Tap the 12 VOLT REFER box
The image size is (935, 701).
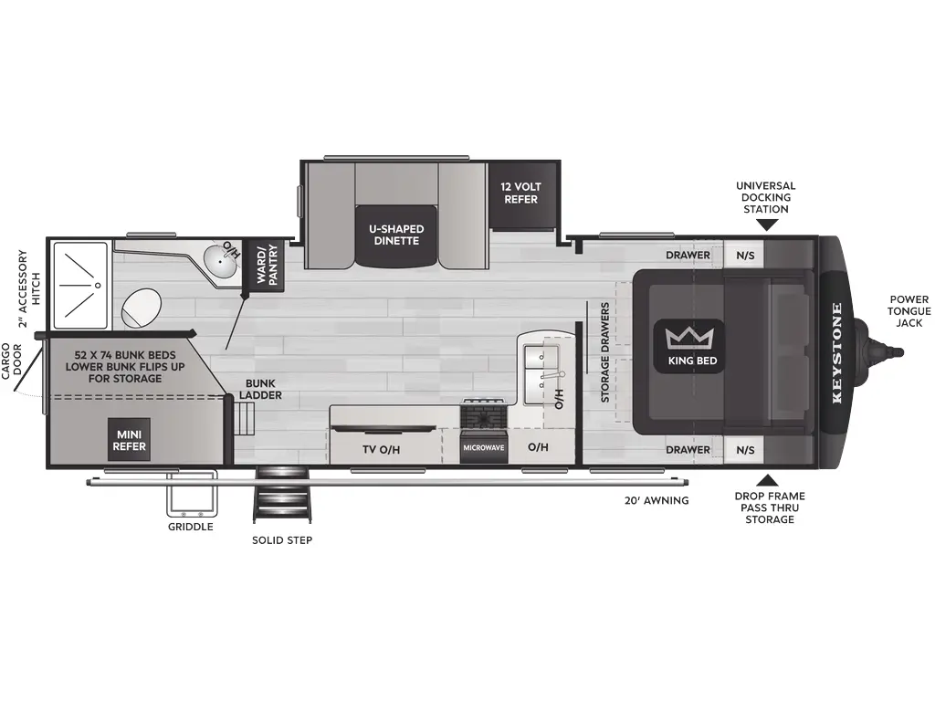click(520, 193)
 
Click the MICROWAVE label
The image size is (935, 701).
click(482, 448)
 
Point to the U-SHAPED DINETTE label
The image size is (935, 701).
click(395, 235)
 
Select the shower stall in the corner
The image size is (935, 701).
click(80, 284)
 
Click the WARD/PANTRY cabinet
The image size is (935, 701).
click(266, 266)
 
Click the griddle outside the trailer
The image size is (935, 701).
click(191, 494)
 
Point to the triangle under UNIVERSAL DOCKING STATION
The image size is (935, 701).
click(766, 224)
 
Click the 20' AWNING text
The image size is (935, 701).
click(657, 500)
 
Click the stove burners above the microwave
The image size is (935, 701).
click(482, 414)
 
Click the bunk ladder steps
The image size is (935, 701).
click(245, 421)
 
